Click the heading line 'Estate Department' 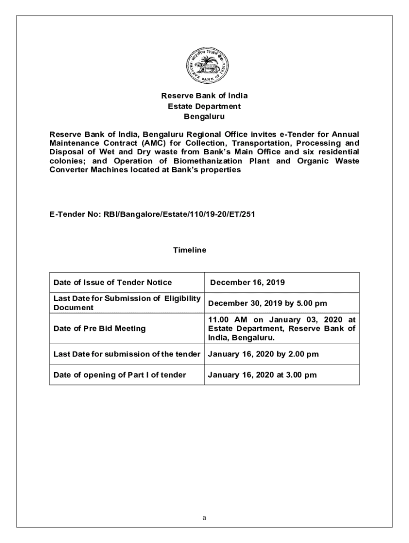pos(204,106)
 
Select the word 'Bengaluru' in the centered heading pos(204,116)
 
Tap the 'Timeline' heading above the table pos(190,249)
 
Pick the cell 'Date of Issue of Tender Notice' pos(113,283)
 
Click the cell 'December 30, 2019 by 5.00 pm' pos(267,303)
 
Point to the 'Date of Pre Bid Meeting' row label pos(99,328)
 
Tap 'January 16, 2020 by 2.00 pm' pos(263,354)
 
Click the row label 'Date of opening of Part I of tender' pos(120,375)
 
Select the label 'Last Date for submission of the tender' pos(127,354)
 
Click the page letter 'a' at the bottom pos(204,518)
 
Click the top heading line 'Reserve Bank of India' pos(204,96)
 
